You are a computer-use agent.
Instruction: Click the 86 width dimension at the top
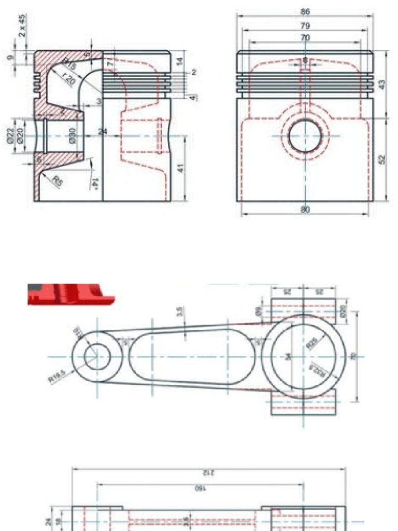click(305, 11)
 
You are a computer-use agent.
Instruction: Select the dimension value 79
click(305, 25)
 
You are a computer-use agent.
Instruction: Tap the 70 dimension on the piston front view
click(305, 37)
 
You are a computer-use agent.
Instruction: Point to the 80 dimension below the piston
click(305, 210)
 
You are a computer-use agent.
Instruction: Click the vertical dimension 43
click(382, 84)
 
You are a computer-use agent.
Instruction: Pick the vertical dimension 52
click(382, 159)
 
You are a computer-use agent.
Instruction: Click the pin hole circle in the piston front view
click(305, 136)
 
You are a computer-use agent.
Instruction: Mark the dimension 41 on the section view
click(179, 169)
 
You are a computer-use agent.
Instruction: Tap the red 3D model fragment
click(70, 294)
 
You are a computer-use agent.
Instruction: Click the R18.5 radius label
click(58, 379)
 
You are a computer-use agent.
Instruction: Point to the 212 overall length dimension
click(208, 472)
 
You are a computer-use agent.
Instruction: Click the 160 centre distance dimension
click(201, 488)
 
